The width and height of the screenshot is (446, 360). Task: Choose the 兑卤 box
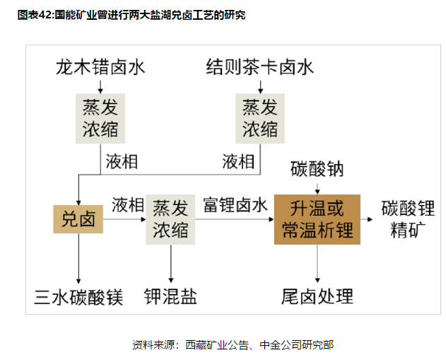78,219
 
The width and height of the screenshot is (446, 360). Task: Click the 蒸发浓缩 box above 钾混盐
170,219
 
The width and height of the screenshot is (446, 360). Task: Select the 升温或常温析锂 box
317,219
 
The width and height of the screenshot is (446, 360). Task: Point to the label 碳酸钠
317,170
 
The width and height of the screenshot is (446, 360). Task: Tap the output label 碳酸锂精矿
407,219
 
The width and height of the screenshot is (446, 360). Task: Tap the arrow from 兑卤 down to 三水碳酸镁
78,258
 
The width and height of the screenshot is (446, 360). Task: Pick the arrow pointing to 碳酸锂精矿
368,220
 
